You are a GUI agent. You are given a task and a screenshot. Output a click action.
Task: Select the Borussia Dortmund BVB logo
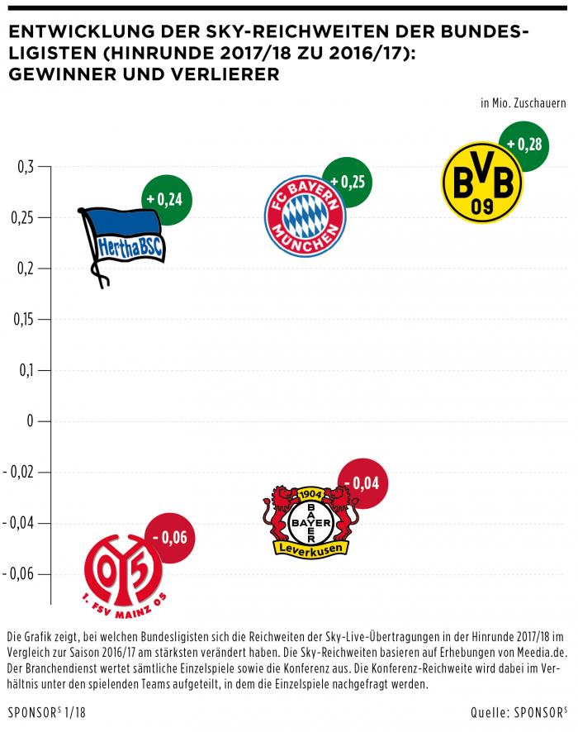pos(482,182)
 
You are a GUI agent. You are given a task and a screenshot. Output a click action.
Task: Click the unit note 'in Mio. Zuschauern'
pos(523,104)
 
